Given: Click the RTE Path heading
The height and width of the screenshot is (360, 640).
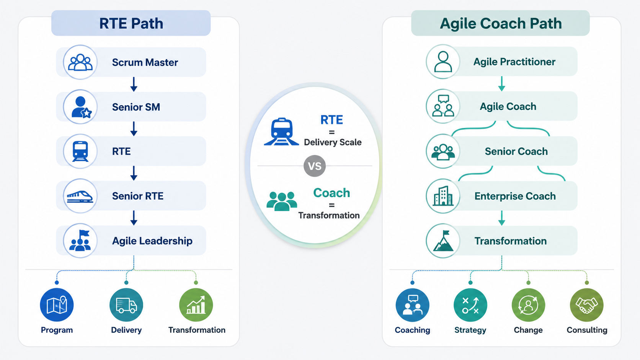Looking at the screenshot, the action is tap(131, 23).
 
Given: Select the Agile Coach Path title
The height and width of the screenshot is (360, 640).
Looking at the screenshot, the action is tap(501, 23).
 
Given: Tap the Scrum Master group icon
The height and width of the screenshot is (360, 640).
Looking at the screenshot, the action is tap(80, 62).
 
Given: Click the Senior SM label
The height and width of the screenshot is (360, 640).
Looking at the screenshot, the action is tap(136, 107).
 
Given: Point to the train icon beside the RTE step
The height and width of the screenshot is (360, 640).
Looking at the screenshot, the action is tap(80, 151).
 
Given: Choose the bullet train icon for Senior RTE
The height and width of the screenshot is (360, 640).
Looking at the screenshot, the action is tap(80, 196).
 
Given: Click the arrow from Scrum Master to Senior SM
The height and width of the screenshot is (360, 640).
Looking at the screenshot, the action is tap(134, 84).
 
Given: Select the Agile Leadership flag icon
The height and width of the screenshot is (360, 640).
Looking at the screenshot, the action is tap(80, 241).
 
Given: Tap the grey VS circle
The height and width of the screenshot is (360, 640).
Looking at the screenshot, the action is tap(315, 166).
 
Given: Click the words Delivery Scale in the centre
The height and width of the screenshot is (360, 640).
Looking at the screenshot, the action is tap(333, 142).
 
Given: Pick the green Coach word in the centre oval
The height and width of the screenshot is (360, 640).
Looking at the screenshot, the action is tap(331, 193).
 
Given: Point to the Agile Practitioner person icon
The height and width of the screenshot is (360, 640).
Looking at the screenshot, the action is tap(443, 61).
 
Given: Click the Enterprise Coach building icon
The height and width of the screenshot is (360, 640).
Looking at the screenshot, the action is tap(443, 196).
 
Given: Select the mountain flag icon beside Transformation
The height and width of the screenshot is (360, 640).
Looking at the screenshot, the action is tap(443, 241).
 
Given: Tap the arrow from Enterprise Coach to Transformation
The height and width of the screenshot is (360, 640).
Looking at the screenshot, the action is tap(502, 218).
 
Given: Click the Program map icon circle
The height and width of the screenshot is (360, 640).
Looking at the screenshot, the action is tap(57, 305).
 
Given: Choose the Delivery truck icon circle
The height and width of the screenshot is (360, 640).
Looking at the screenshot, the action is tap(126, 305).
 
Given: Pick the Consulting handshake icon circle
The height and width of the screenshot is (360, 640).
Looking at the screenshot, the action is tap(586, 305).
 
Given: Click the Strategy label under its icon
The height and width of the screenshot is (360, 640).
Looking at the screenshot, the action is tap(470, 330).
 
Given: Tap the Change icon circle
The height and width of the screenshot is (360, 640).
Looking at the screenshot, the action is tap(528, 305).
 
